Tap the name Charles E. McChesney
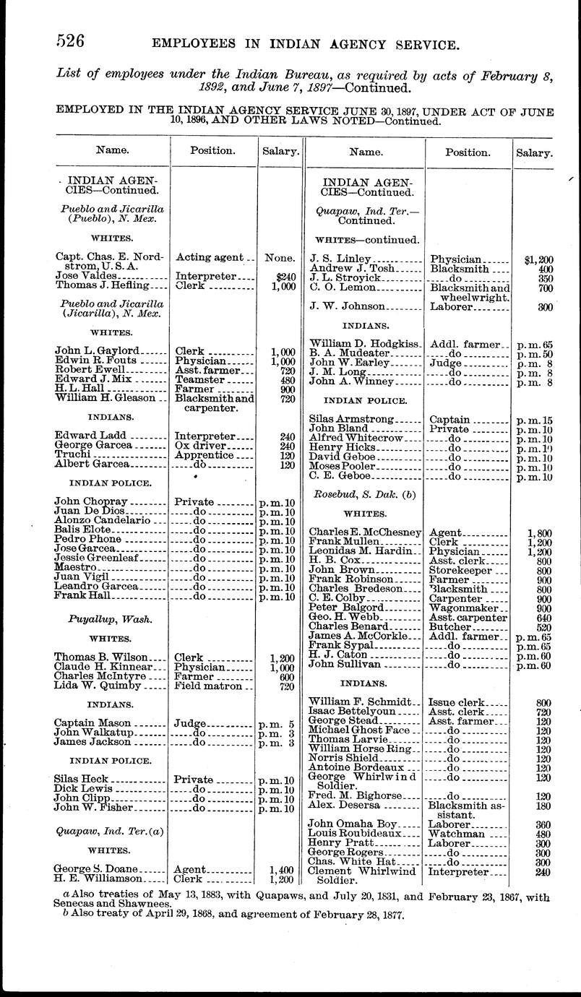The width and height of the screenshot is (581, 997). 364,532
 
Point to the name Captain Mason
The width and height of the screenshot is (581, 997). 92,722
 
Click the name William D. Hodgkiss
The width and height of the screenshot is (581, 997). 364,344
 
